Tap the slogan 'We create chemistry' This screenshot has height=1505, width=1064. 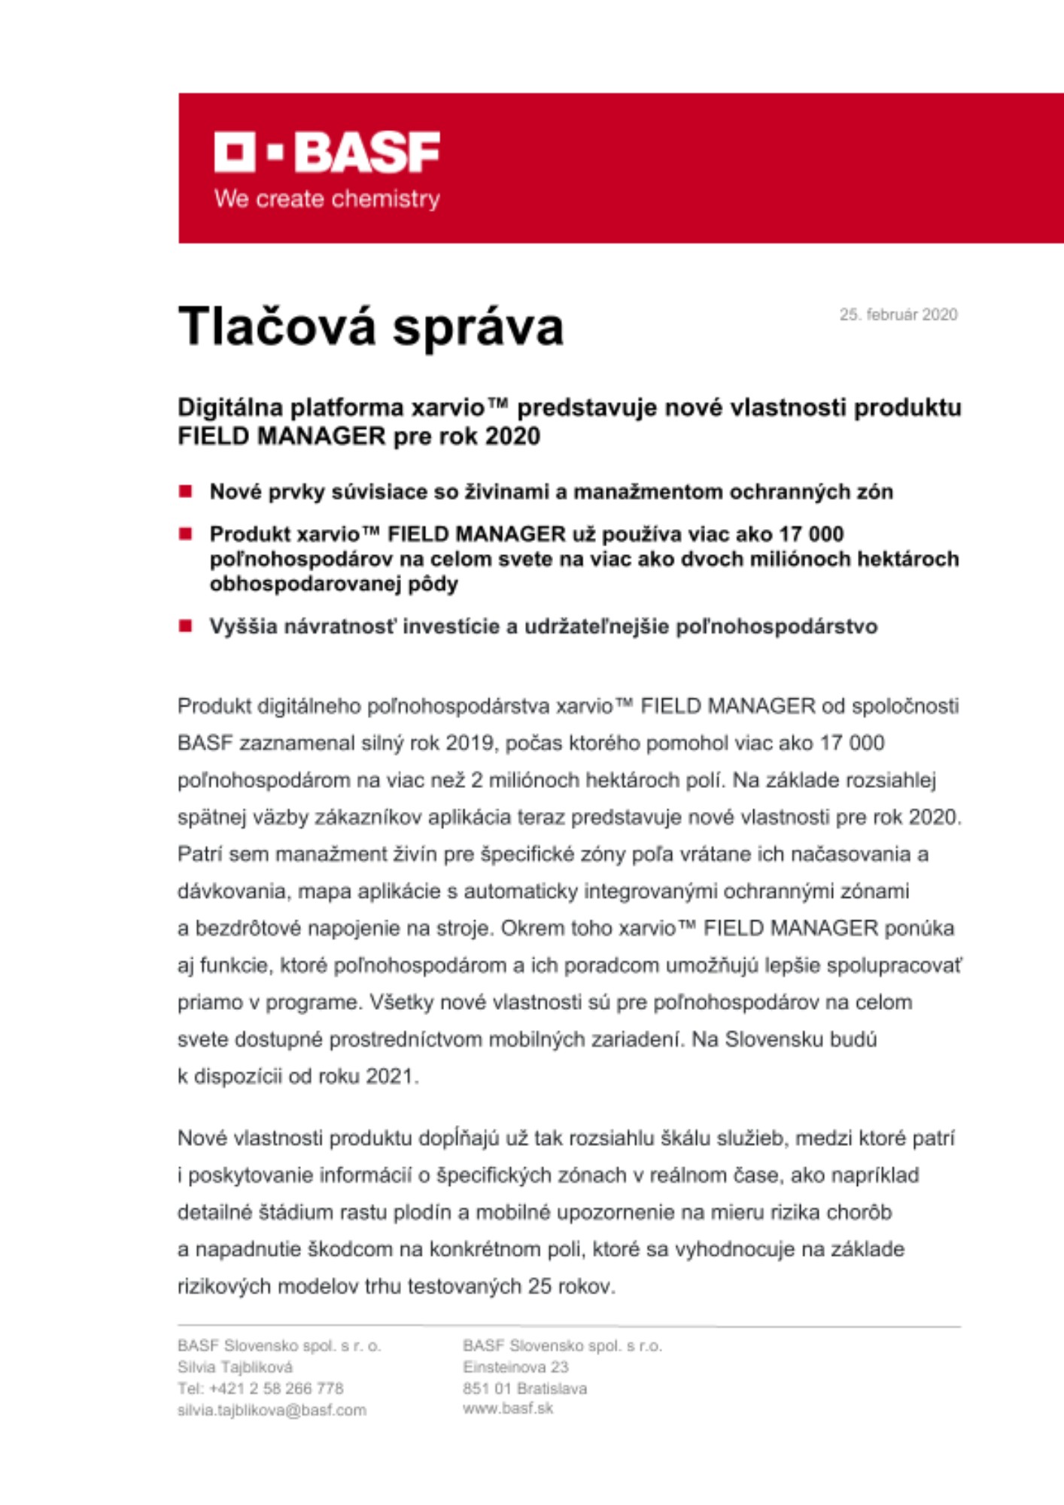[x=327, y=199]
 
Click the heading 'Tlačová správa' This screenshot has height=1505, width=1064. [x=370, y=327]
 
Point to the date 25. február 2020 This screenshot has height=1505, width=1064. [x=898, y=315]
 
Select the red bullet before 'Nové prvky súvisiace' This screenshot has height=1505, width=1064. [x=185, y=492]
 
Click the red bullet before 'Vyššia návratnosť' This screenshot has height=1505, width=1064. [x=185, y=626]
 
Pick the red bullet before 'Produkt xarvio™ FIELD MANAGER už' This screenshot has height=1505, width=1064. [x=185, y=534]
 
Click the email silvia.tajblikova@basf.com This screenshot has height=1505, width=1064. [x=272, y=1410]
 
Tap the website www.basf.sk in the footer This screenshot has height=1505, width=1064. [x=507, y=1409]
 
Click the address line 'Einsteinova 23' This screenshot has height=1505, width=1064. [x=515, y=1367]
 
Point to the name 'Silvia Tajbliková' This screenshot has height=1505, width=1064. [x=235, y=1367]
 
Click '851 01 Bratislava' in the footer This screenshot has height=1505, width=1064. [x=524, y=1388]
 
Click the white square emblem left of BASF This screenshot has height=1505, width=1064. [x=234, y=152]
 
